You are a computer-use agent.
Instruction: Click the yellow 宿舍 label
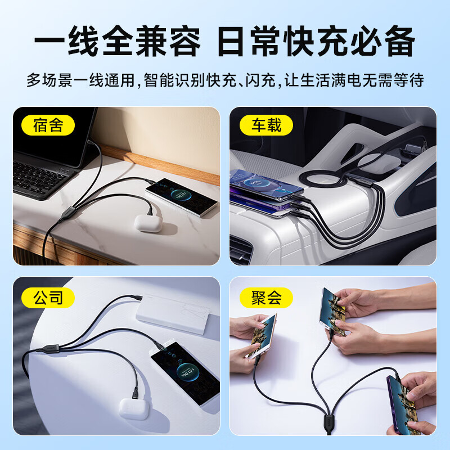click(48, 125)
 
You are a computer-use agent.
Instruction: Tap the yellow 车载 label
click(266, 125)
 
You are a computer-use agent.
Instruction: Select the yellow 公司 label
click(48, 298)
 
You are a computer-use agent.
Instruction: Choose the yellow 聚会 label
click(266, 298)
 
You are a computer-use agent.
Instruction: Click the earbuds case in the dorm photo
click(148, 223)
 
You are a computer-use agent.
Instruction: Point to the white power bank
click(174, 313)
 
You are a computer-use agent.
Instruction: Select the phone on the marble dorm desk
click(181, 197)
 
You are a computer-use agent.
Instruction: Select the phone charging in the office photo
click(186, 373)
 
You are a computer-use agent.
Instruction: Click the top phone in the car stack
click(265, 184)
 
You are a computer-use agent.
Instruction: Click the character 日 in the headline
click(231, 41)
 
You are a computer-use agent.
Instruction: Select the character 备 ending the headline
click(399, 41)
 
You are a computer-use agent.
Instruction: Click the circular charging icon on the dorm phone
click(177, 195)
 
